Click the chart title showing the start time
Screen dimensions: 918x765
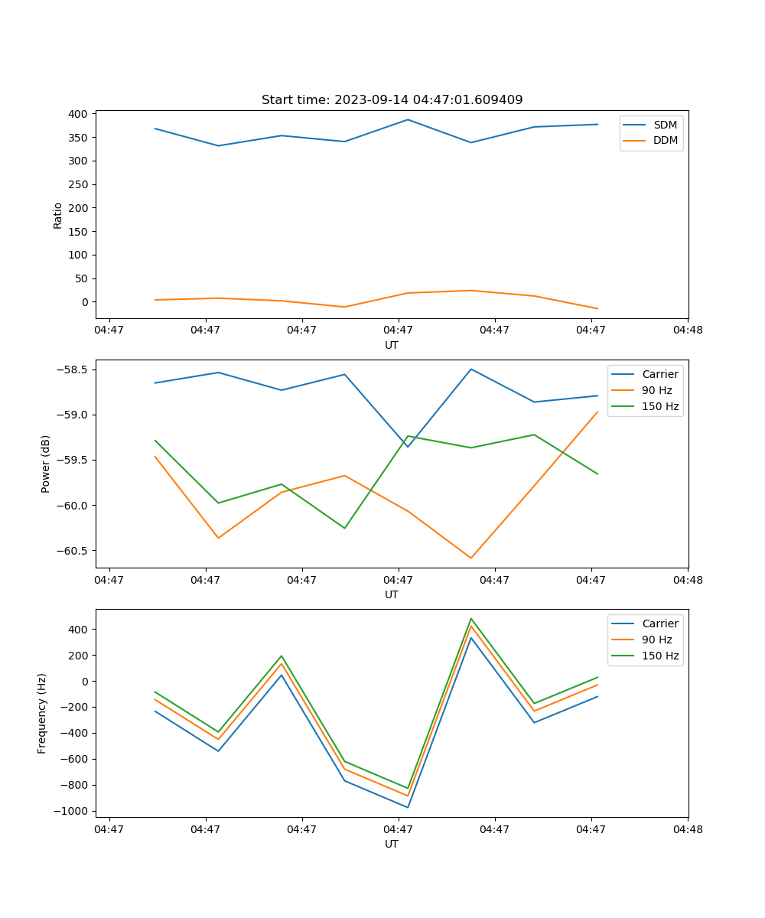coord(392,100)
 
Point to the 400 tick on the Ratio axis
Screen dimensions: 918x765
coord(78,114)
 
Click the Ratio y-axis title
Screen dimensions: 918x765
coord(58,216)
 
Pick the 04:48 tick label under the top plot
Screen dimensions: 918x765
coord(687,330)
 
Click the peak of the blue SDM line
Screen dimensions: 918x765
coord(408,119)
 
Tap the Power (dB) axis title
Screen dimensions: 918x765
coord(46,464)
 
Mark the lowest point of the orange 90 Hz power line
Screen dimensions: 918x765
coord(471,558)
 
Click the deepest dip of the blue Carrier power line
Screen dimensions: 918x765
coord(408,447)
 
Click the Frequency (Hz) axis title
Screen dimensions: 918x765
coord(42,713)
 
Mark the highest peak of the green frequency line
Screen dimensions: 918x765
coord(471,619)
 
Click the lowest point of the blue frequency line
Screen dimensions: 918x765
coord(408,807)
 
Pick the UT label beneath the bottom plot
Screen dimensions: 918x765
coord(392,844)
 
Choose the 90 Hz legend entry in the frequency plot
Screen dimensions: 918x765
coord(656,640)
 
